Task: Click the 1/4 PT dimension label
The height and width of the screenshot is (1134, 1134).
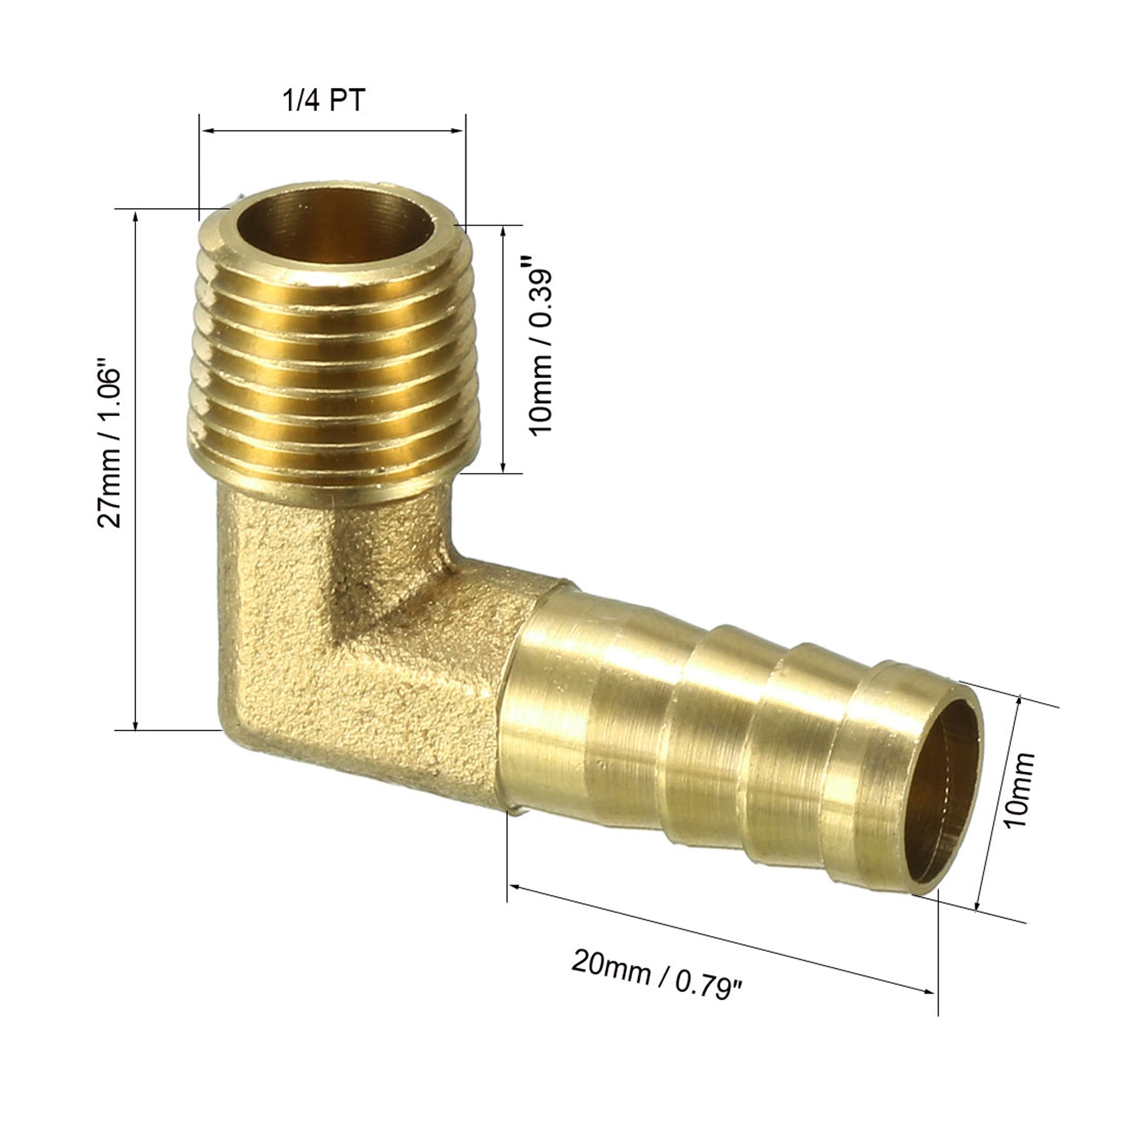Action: point(324,100)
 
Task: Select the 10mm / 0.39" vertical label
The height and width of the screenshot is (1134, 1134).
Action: point(540,352)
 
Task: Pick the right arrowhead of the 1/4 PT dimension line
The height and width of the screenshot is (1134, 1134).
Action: point(458,131)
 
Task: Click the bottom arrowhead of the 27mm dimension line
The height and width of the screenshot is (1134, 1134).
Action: point(136,723)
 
